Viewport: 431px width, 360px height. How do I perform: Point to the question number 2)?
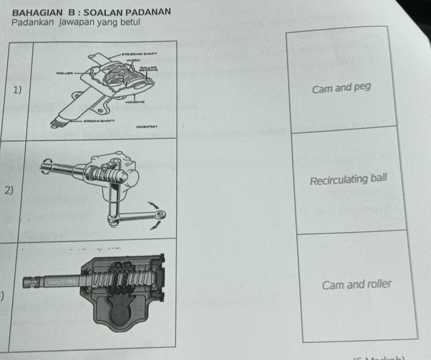pyautogui.click(x=8, y=191)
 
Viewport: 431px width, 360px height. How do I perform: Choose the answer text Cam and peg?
pyautogui.click(x=340, y=88)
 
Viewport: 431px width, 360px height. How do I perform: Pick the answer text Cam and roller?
pyautogui.click(x=357, y=284)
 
